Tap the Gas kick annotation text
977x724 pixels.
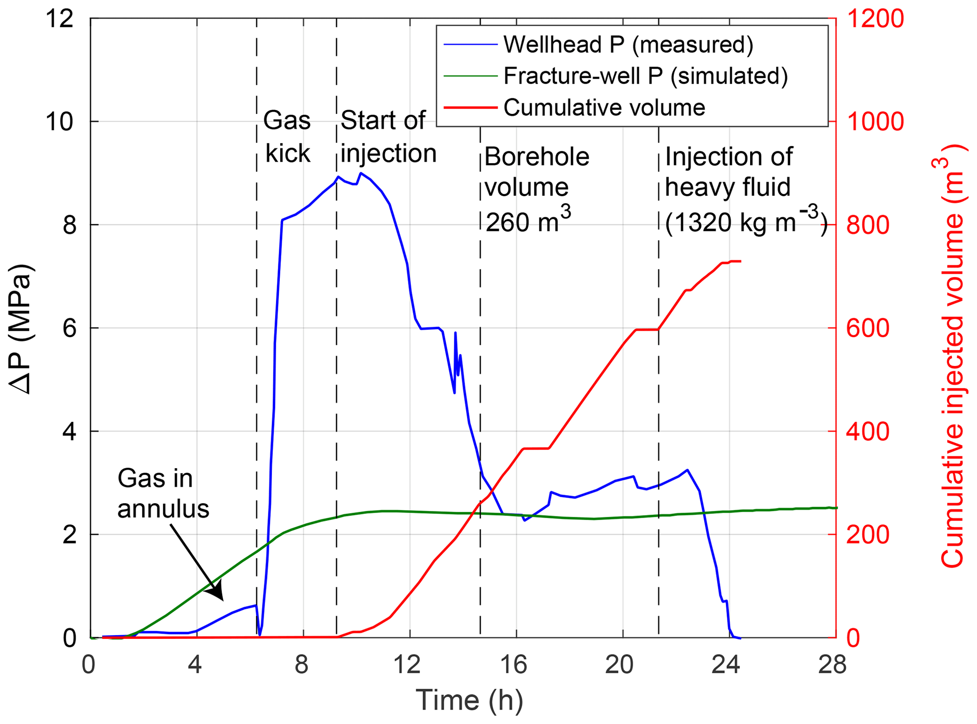[287, 137]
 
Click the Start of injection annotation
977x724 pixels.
[388, 137]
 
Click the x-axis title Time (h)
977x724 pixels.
[469, 700]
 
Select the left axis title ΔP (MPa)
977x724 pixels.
[21, 328]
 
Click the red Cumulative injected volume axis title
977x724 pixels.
[951, 355]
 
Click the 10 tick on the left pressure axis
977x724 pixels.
[60, 122]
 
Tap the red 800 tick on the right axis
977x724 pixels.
[868, 225]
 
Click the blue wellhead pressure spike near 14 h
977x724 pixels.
[455, 333]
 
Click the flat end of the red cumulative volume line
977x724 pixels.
[735, 262]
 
